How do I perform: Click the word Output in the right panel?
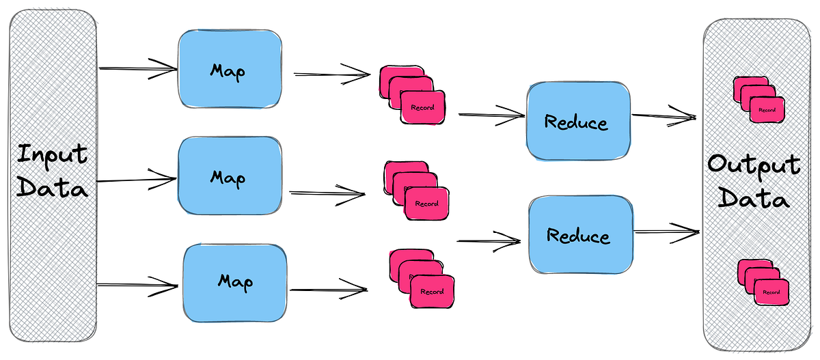tap(754, 165)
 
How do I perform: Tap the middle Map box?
tap(230, 177)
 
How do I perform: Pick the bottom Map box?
tap(235, 281)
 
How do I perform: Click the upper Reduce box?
tap(576, 122)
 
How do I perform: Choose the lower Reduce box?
tap(579, 236)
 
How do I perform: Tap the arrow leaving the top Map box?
tap(331, 74)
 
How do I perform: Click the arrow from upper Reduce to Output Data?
tap(663, 117)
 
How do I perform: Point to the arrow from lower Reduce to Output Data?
tap(666, 232)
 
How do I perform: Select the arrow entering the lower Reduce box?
tap(489, 240)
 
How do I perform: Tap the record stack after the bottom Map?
tap(421, 279)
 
